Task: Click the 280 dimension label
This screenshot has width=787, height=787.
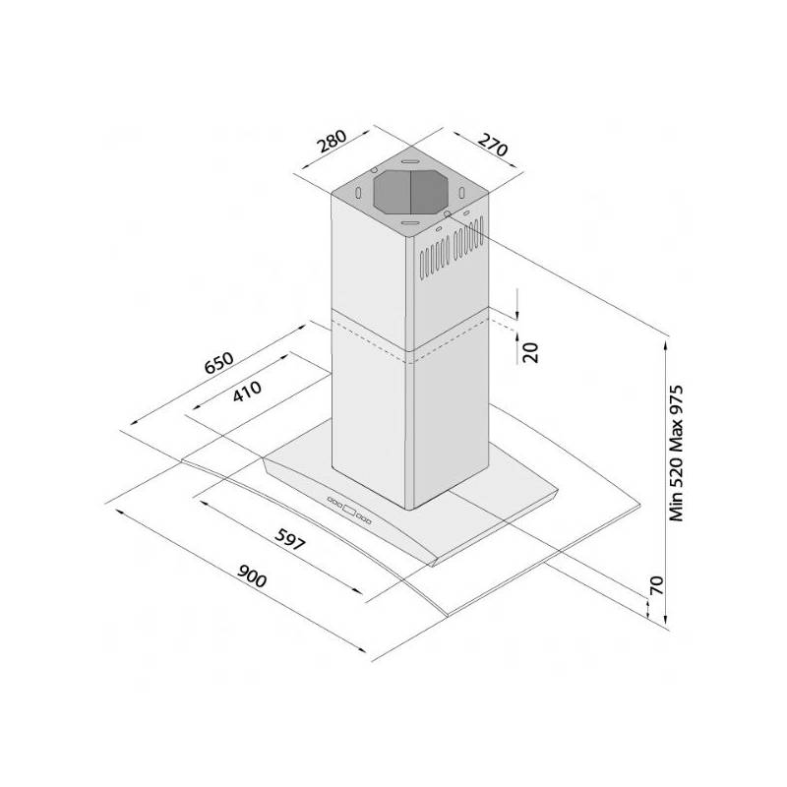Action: point(333,141)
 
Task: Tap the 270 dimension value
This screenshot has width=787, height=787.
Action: point(493,144)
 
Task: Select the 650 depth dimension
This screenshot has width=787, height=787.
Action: point(219,362)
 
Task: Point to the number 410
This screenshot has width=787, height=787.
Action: point(247,391)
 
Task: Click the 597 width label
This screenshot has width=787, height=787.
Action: point(289,539)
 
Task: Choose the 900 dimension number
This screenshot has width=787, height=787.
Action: point(252,576)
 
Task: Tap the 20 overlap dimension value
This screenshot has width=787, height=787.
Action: point(530,351)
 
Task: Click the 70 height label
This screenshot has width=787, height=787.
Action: point(656,585)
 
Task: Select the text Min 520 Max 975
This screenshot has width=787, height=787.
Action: point(677,454)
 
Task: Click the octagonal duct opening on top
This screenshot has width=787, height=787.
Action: point(411,191)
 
